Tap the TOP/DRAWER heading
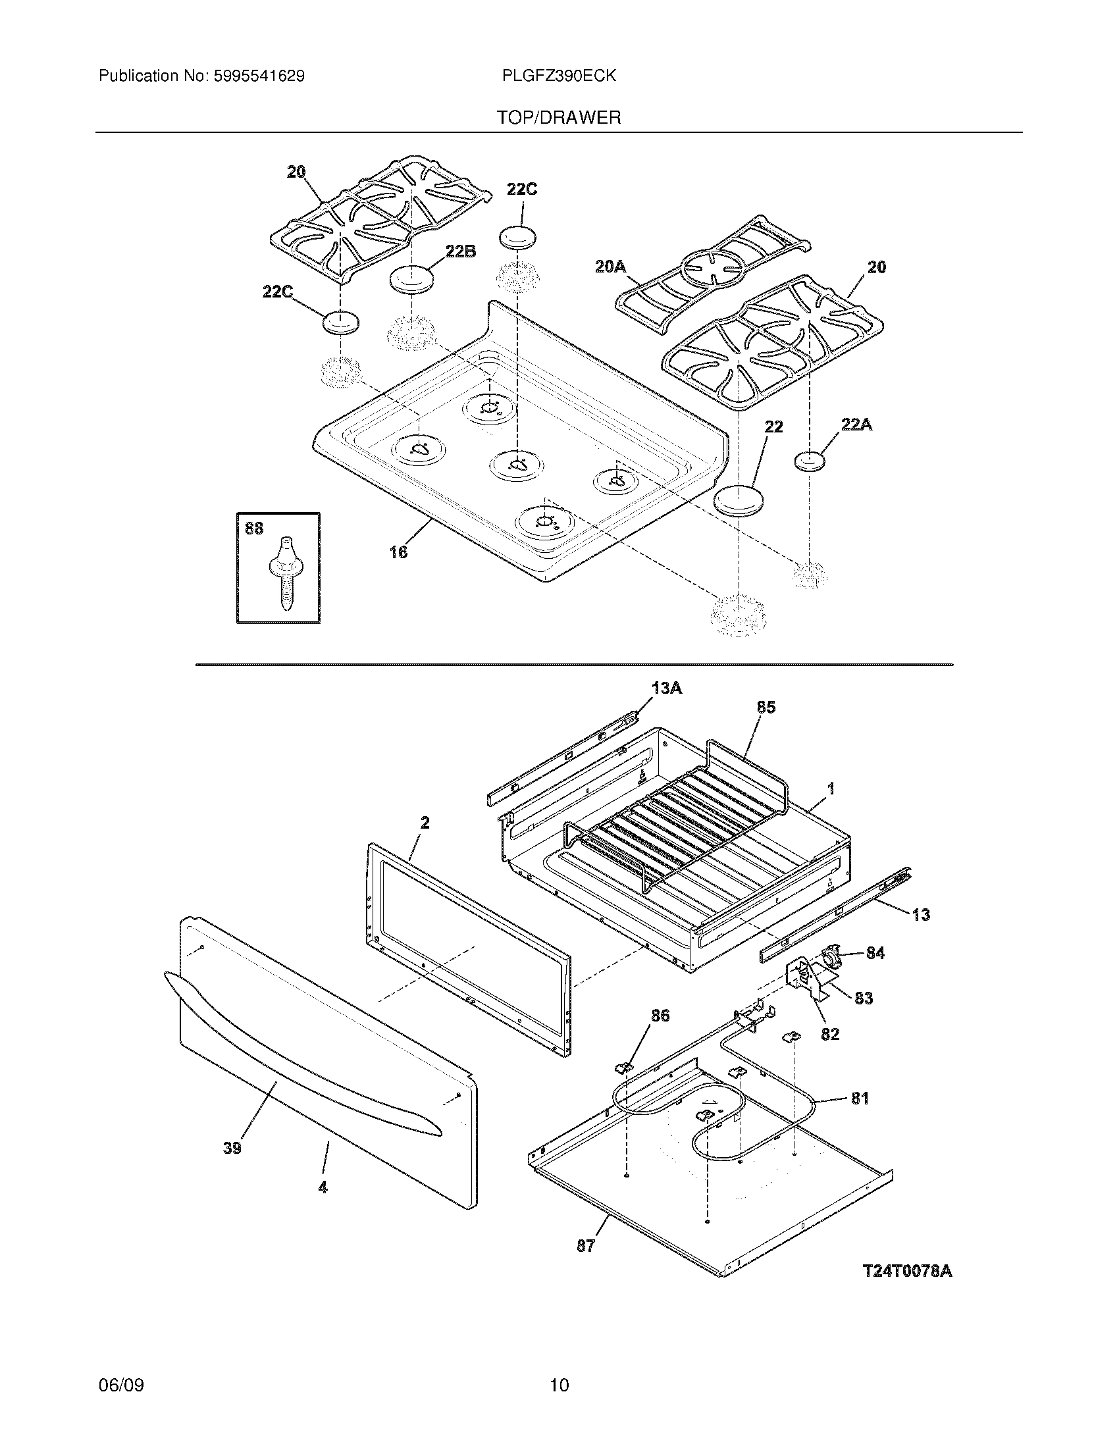coord(559,118)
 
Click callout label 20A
coord(610,267)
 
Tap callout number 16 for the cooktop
coord(398,552)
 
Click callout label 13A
coord(666,688)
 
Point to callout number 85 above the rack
coord(766,708)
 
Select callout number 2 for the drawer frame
coord(425,823)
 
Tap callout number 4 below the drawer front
coord(323,1187)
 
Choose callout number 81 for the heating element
coord(860,1098)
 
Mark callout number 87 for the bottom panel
coord(586,1246)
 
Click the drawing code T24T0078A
coord(907,1272)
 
